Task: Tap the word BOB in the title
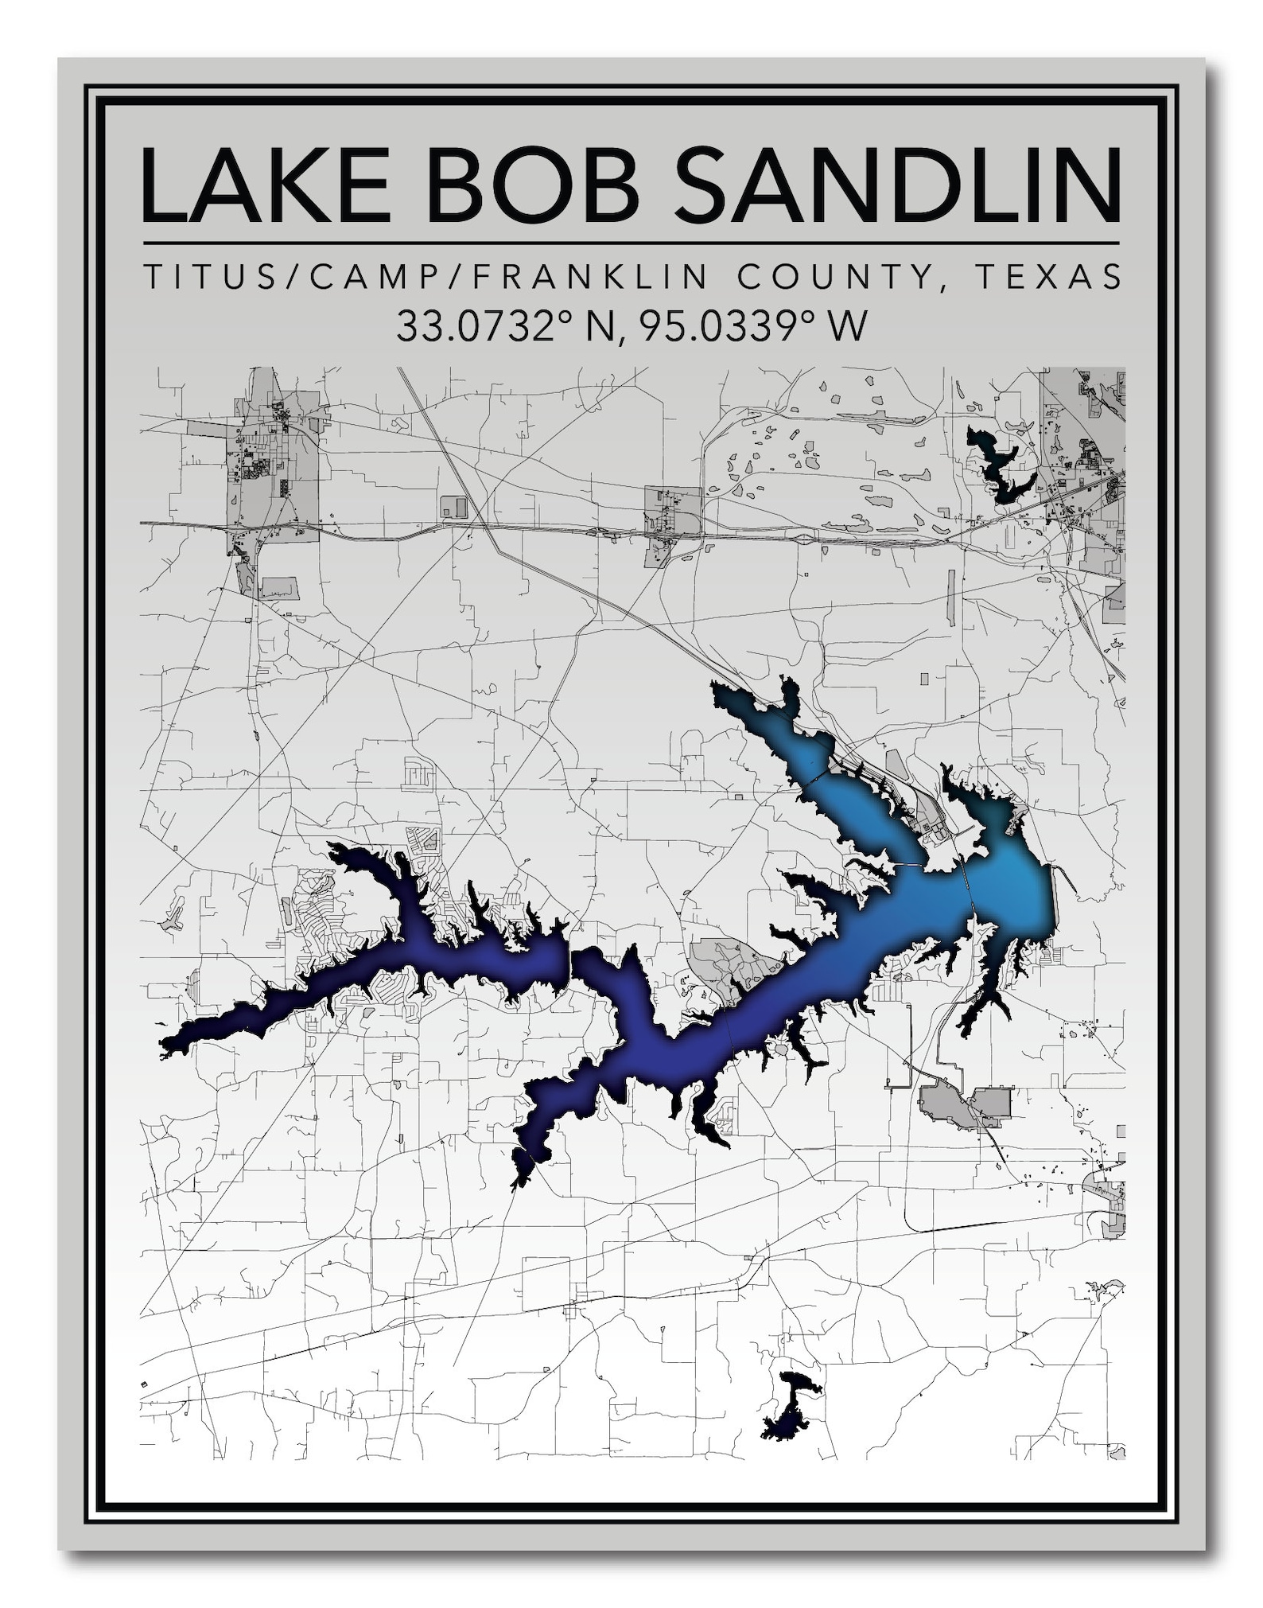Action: coord(532,185)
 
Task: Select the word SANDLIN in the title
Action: coord(897,185)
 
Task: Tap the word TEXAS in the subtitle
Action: coord(1049,277)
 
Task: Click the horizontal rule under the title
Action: coord(631,243)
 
